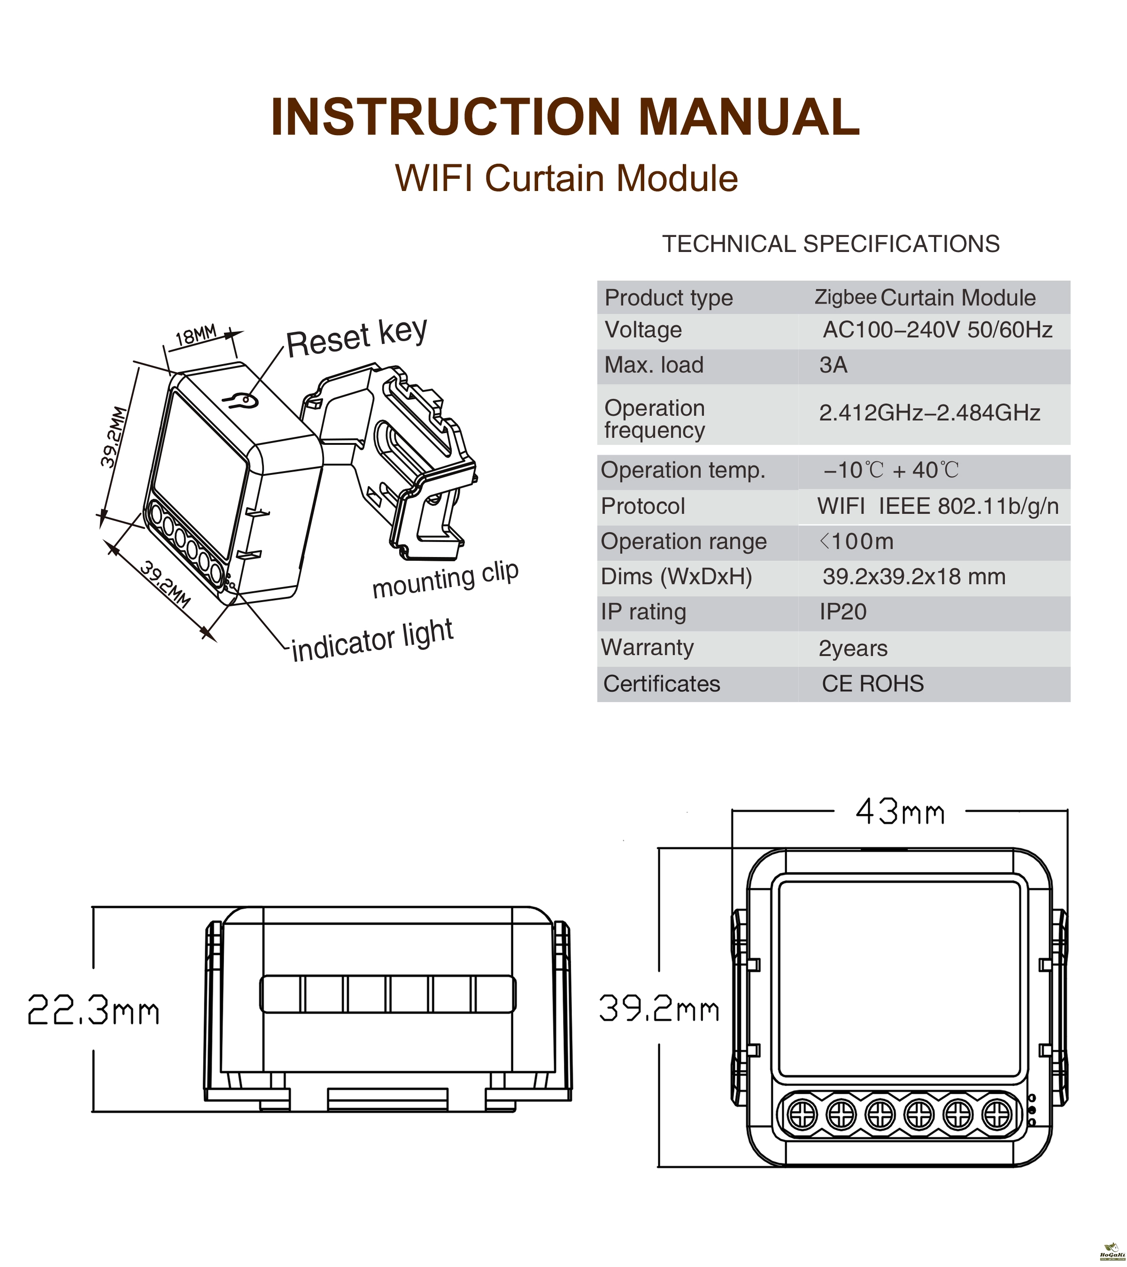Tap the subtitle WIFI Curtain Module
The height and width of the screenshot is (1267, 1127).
coord(566,178)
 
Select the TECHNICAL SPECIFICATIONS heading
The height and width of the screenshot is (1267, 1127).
coord(831,244)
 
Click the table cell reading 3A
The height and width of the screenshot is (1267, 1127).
coord(833,365)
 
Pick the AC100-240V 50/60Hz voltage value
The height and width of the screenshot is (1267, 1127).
coord(937,330)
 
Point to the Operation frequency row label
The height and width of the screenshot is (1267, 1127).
coord(655,419)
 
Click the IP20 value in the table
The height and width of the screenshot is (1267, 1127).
coord(842,612)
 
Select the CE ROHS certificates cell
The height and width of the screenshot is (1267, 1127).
coord(872,684)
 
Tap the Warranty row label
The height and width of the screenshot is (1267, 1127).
coord(647,647)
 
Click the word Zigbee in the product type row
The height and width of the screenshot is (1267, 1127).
coord(845,297)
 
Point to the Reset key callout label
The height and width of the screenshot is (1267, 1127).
coord(356,337)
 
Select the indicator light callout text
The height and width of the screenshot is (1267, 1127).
coord(372,641)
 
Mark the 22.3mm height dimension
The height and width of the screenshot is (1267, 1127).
coord(93,1010)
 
